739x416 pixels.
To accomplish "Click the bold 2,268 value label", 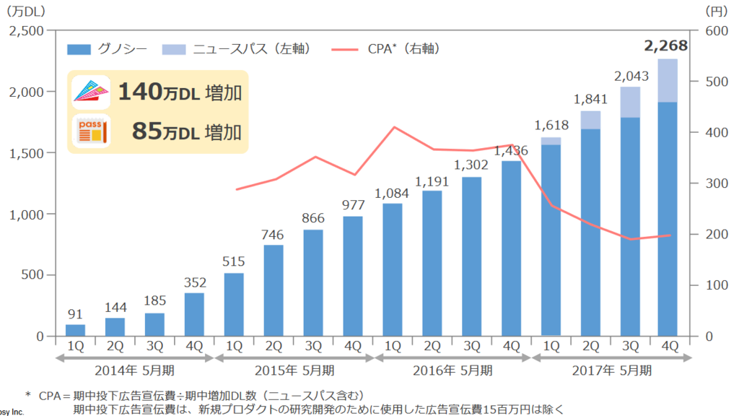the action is pos(665,45).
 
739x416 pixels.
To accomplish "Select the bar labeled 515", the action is pos(234,305).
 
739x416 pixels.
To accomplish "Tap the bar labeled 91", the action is pos(75,330).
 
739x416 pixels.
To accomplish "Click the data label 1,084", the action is pos(392,194).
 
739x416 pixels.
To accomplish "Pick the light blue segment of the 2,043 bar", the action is pos(630,103).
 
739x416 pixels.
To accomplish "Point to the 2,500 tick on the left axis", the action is pos(27,31).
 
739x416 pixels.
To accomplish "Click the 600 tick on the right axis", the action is pos(717,31).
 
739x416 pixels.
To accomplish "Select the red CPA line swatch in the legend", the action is pos(344,49).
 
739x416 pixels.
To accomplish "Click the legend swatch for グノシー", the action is pos(79,49).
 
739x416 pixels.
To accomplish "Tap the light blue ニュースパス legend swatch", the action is pos(174,49).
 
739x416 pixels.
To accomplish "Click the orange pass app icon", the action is pos(92,131).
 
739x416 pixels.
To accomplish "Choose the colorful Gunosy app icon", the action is pos(92,92).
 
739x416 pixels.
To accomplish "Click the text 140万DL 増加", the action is pos(180,92).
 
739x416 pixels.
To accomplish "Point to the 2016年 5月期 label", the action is pos(452,370).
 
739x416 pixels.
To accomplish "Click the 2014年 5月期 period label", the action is pos(134,370).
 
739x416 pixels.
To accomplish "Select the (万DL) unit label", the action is pos(26,12).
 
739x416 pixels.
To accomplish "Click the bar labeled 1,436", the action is pos(512,248).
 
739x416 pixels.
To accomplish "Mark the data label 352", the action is pos(195,282).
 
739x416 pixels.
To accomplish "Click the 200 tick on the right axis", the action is pos(717,235).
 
